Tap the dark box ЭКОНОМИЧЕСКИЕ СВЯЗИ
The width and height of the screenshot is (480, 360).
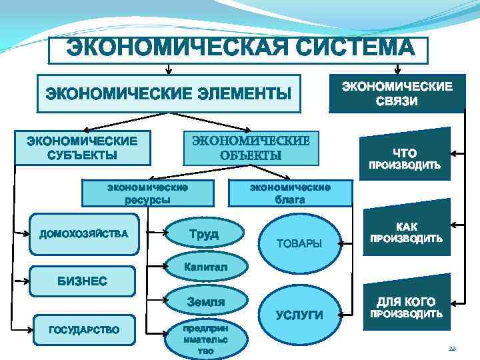(x=397, y=93)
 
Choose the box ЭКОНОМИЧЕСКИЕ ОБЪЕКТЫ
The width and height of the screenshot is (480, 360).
(x=251, y=148)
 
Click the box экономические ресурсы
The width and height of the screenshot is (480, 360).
(x=147, y=193)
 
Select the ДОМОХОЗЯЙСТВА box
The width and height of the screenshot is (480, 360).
(x=85, y=234)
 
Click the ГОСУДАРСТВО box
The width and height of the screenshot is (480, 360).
(x=85, y=329)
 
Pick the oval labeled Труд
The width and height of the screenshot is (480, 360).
(x=203, y=234)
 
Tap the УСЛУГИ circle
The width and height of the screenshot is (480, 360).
(x=299, y=315)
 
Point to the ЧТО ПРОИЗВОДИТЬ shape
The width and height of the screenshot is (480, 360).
(x=403, y=158)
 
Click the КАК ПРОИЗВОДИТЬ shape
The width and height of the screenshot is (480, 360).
(x=405, y=233)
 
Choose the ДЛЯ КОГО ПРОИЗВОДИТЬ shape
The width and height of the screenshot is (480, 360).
(x=405, y=307)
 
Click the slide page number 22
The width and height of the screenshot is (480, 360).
(x=451, y=349)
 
